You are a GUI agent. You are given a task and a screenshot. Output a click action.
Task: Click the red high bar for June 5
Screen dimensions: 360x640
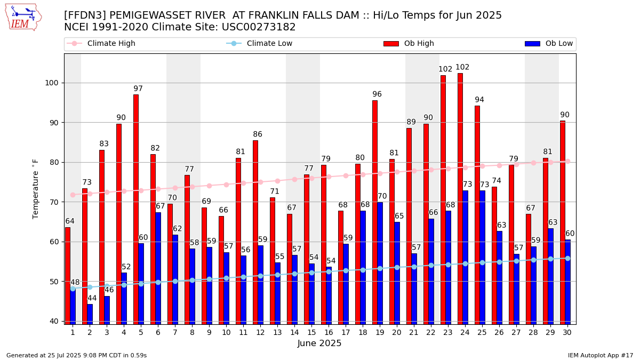[136, 208]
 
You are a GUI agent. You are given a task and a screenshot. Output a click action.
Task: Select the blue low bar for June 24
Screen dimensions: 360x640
[466, 256]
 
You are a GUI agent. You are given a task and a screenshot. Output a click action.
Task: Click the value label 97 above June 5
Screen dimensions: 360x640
[138, 89]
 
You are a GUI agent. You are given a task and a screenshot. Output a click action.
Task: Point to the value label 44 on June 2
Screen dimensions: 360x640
[92, 299]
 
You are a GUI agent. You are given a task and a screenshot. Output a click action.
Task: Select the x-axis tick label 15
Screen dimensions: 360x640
[311, 332]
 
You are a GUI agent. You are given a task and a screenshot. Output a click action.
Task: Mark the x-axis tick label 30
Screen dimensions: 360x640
[567, 332]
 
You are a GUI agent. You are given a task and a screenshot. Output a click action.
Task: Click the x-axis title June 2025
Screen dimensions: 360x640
[319, 343]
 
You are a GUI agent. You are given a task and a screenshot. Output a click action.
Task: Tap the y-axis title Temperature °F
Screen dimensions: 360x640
[36, 189]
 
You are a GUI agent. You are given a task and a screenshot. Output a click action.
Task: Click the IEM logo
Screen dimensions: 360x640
[22, 17]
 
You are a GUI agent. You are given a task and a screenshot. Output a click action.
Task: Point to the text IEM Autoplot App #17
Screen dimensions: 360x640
[600, 355]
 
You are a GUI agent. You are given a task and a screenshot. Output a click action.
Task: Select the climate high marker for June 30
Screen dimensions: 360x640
[567, 161]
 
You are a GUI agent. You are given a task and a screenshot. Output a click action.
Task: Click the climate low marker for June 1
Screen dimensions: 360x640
[73, 289]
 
